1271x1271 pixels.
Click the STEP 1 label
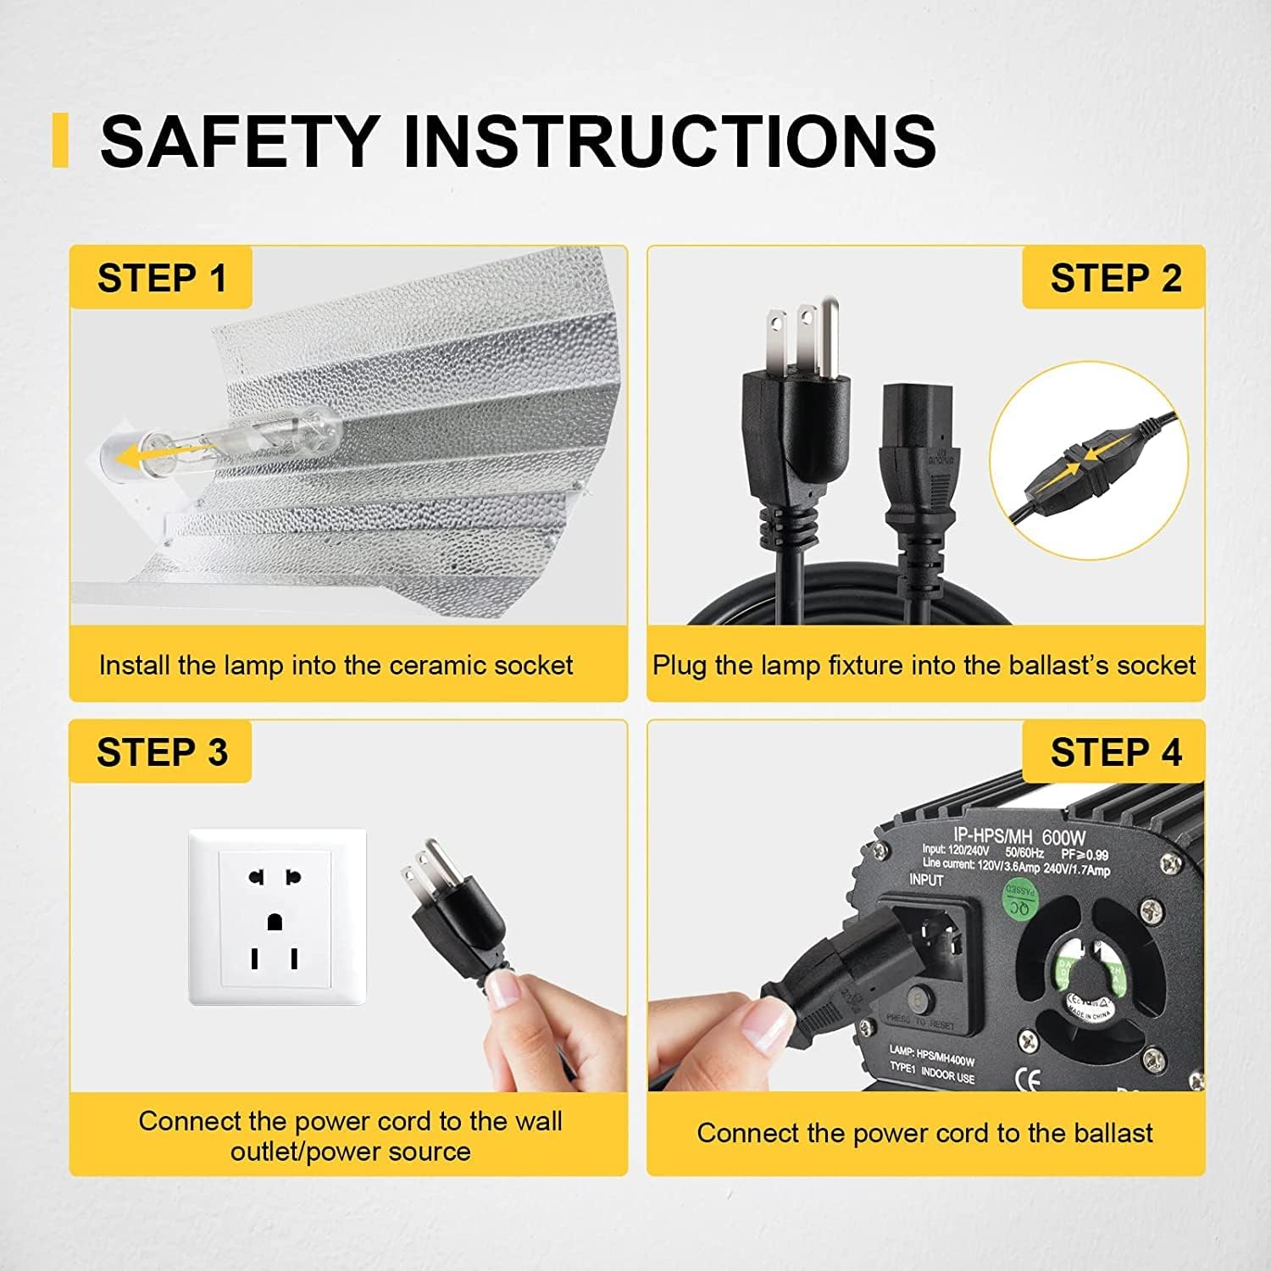coord(162,278)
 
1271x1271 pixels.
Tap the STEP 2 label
coord(1115,278)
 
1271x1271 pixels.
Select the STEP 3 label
coord(162,752)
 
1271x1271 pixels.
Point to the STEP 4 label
coord(1115,752)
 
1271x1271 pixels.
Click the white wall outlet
coord(277,917)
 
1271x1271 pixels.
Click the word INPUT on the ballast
coord(925,880)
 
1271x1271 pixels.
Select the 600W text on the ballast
coord(1063,838)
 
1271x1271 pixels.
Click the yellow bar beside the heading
coord(59,140)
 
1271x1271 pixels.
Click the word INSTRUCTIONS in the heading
coord(669,141)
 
